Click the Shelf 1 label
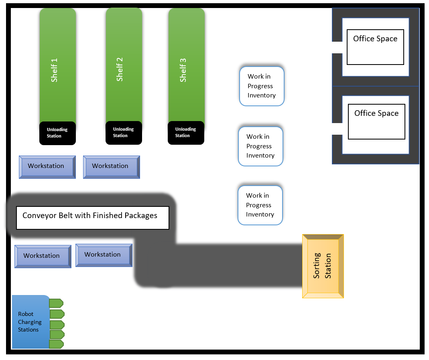(55, 70)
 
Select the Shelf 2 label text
(120, 69)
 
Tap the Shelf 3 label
(183, 70)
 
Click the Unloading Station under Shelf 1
(57, 133)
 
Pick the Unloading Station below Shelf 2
(124, 132)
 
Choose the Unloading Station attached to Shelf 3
(186, 132)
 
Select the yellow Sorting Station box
(323, 266)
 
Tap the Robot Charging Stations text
(29, 322)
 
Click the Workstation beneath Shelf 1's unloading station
(47, 166)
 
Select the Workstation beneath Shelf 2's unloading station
(111, 166)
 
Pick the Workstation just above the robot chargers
(42, 256)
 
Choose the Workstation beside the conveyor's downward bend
(103, 255)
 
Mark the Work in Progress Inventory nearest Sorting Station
(260, 205)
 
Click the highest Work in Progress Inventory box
(262, 86)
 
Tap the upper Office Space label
(375, 39)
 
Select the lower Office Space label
(376, 113)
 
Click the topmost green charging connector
(56, 303)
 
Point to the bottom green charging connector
(56, 344)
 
